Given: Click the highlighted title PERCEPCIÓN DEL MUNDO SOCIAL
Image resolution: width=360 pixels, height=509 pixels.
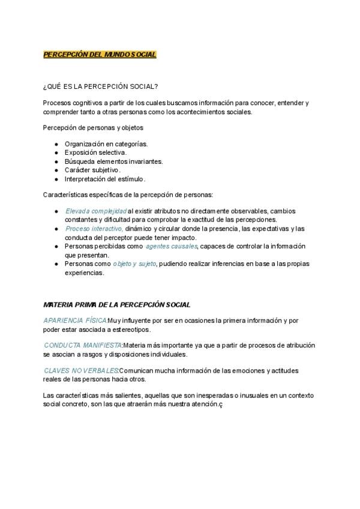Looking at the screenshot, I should pos(100,55).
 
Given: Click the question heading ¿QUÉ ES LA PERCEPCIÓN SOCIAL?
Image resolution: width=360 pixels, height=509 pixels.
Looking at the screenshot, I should pos(101,86).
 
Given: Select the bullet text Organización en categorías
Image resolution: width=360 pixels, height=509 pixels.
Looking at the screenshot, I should pos(106,144).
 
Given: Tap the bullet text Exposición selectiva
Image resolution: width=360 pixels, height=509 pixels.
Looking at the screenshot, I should pos(95,152).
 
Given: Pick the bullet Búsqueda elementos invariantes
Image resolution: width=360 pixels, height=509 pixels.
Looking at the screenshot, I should pos(113,161).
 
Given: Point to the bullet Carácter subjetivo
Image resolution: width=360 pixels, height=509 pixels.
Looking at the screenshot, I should pos(92,170).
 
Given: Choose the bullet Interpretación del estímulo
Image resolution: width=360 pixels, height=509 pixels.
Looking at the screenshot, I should pos(105,179).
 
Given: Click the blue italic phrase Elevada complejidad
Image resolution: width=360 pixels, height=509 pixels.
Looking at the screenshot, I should pos(96,211).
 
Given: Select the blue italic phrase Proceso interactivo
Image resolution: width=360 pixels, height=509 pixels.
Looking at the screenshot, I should pos(94,229).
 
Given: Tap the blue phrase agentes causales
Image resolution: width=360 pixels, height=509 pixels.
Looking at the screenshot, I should pos(171,246).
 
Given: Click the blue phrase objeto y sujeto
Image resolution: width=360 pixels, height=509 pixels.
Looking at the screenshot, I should pos(134,264).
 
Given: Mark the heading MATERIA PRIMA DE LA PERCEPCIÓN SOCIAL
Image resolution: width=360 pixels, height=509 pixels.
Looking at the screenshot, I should pos(117,306).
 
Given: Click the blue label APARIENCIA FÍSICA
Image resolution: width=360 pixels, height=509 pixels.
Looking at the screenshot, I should pos(76,321).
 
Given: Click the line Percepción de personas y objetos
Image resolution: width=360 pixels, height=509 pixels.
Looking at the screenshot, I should pos(93,127).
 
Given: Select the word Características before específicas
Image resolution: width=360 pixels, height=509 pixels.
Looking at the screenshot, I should pos(66,194).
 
